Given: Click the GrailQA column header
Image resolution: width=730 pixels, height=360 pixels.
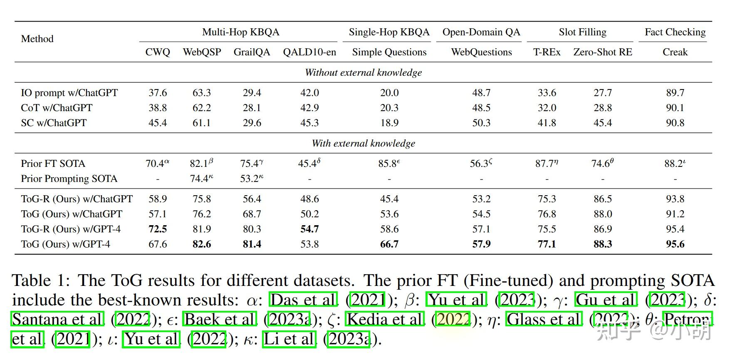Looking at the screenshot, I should [x=252, y=52].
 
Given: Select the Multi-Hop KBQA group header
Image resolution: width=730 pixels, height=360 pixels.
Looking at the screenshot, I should [x=240, y=32].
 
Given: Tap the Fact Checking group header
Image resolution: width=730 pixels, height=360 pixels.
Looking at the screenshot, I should [x=675, y=32].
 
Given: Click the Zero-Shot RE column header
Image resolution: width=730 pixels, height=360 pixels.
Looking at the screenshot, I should [x=602, y=52].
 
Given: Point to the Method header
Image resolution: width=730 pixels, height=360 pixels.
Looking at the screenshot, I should [x=37, y=39].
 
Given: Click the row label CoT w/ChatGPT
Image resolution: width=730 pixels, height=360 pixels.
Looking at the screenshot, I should [x=57, y=108].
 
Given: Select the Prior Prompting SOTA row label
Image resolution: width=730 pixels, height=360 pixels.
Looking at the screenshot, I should [x=69, y=179].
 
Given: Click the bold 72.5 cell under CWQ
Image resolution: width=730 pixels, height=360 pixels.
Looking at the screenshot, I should [x=158, y=229].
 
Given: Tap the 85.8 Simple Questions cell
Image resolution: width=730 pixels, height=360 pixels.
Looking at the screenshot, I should [x=389, y=164].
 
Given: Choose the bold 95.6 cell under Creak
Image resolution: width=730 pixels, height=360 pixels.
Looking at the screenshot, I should [x=675, y=244].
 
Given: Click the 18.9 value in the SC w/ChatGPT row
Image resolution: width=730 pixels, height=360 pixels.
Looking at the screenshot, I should [x=389, y=123].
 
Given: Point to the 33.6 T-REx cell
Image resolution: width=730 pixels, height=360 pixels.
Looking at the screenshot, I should [x=547, y=93].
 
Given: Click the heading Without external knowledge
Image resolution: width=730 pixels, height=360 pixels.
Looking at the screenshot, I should [x=363, y=72].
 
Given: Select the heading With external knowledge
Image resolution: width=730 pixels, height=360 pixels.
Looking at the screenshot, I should [x=363, y=143].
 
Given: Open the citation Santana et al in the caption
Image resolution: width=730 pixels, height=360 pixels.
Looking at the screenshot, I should [x=57, y=319].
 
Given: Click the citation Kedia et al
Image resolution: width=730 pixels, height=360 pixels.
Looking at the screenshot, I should [x=385, y=319].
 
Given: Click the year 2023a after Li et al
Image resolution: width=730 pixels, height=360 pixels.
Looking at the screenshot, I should [x=349, y=339].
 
